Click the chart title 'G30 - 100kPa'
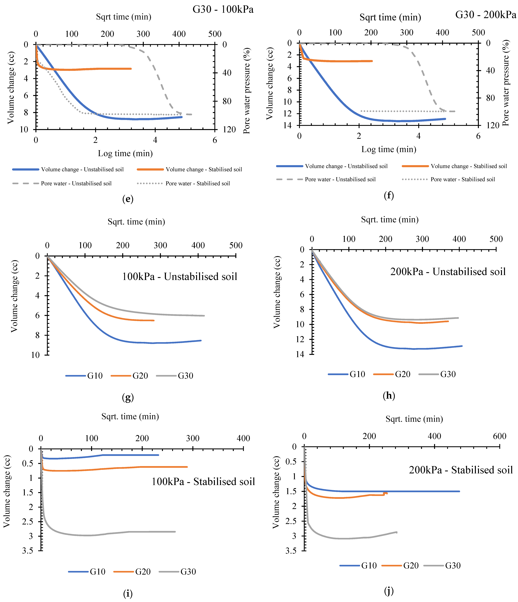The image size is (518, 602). tap(223, 10)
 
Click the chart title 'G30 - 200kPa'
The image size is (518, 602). tap(486, 15)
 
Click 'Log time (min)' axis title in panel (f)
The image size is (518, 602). tap(389, 149)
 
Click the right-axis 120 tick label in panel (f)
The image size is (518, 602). tap(493, 125)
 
